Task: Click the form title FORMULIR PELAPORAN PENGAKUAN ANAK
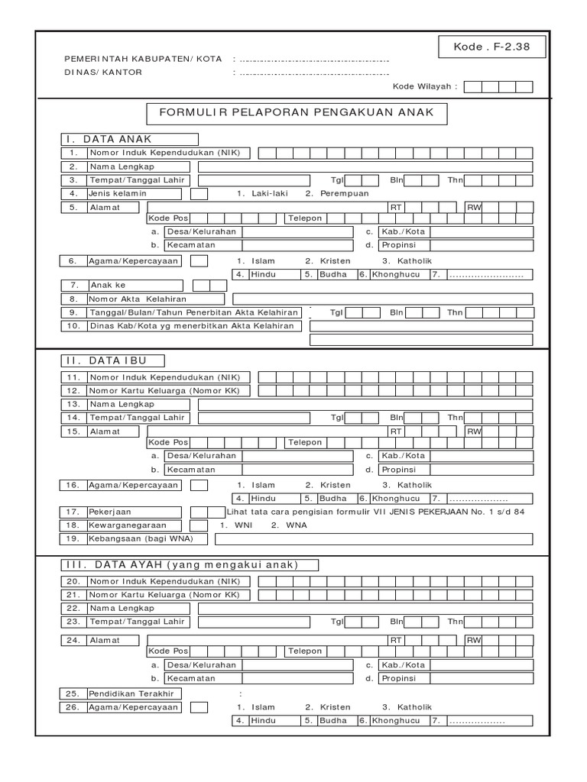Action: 297,113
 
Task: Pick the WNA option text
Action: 287,525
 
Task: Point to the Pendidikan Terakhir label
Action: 131,693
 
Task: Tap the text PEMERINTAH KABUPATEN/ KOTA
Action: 143,59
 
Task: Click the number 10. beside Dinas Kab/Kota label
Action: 73,326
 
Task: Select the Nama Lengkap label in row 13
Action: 122,404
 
